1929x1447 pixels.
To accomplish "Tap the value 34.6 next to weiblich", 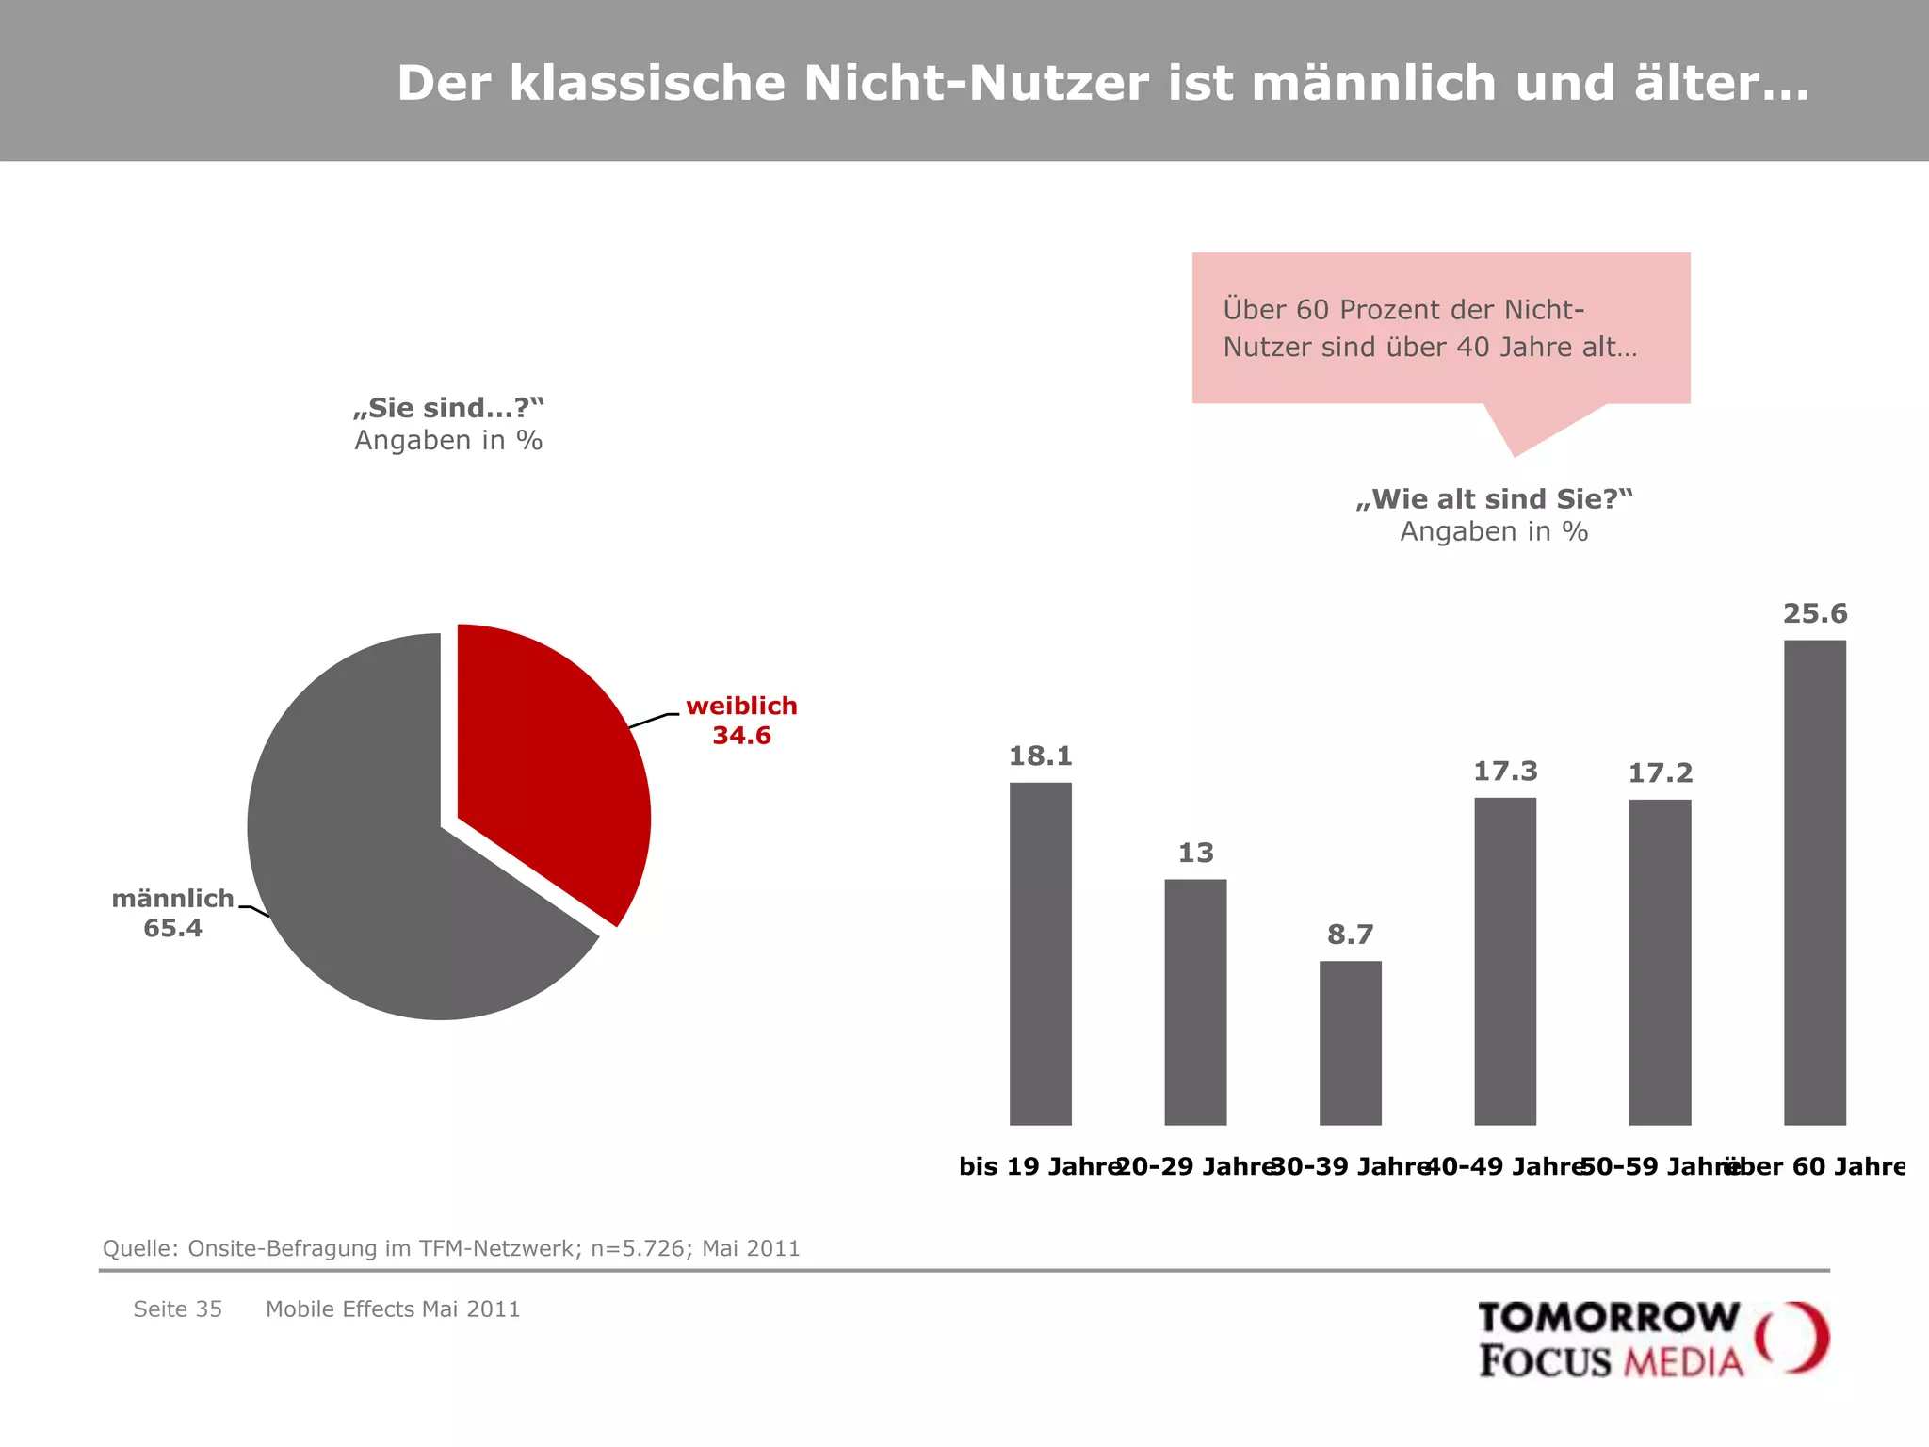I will (x=741, y=736).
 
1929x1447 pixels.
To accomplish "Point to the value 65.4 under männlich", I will (x=172, y=929).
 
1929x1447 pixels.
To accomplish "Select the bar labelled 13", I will (x=1195, y=1001).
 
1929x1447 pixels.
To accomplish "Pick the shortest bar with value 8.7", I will (x=1350, y=1043).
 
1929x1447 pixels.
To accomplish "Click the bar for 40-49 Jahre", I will (x=1504, y=961).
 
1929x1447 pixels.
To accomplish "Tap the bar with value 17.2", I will (x=1660, y=962).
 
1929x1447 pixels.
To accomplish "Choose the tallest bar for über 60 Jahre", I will (x=1814, y=882).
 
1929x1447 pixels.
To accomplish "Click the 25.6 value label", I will (x=1814, y=614).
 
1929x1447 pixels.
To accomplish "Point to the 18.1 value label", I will (x=1040, y=756).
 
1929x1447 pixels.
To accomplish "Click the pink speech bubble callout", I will (x=1440, y=328).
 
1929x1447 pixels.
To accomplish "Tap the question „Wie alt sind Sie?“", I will (x=1494, y=499).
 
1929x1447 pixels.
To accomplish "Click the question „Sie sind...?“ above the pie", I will (x=448, y=408).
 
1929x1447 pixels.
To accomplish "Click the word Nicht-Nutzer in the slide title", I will (x=976, y=83).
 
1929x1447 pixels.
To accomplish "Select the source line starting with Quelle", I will (x=451, y=1248).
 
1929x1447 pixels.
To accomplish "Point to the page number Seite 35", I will (x=177, y=1309).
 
